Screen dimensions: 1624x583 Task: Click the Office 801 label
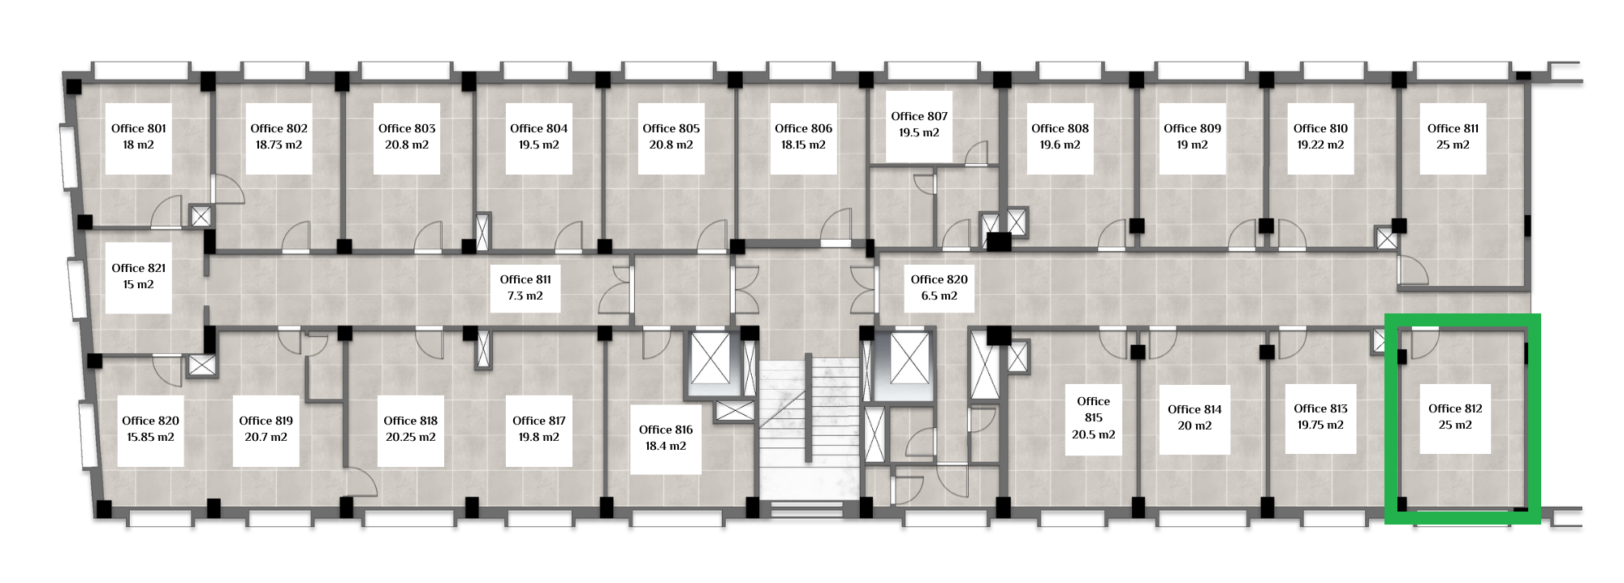tap(139, 128)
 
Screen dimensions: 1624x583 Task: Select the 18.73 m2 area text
tap(279, 145)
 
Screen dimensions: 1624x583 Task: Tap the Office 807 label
tap(919, 116)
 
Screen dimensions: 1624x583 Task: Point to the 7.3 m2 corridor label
tap(525, 296)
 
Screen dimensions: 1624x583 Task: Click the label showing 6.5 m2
tap(939, 296)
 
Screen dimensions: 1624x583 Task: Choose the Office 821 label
tap(139, 268)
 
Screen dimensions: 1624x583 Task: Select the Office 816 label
tap(666, 430)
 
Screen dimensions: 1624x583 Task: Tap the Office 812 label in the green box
tap(1455, 408)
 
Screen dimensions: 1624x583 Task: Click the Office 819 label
tap(266, 421)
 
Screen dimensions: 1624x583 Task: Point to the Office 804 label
tap(539, 128)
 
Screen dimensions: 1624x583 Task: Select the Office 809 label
tap(1192, 128)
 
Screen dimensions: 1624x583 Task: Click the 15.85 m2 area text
tap(150, 437)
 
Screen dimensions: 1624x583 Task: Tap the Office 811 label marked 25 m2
tap(1453, 128)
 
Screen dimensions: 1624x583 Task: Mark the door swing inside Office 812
tap(1425, 343)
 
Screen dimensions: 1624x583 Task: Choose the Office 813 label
tap(1320, 408)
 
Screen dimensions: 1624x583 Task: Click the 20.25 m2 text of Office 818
tap(411, 437)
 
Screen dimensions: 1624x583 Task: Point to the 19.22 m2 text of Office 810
tap(1320, 145)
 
